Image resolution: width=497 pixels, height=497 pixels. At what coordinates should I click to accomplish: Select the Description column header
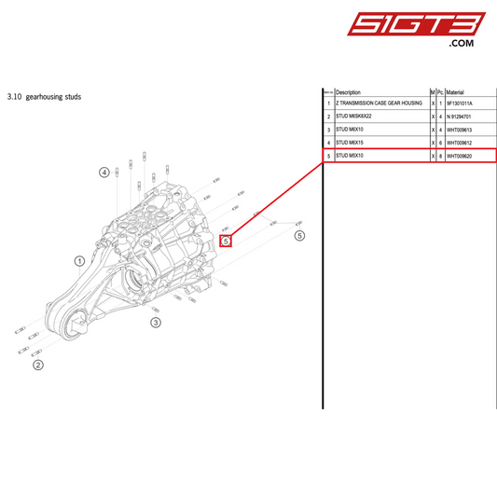[x=348, y=92]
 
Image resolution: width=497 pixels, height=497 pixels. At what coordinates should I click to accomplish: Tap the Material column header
[x=455, y=92]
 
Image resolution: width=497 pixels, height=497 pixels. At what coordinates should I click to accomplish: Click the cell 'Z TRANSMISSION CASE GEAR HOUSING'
[x=379, y=103]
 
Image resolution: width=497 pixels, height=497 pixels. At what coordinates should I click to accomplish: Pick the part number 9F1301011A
[x=460, y=103]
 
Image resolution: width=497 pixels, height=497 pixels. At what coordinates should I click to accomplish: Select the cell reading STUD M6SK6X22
[x=354, y=116]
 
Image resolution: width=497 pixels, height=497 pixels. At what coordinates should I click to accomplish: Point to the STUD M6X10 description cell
[x=351, y=130]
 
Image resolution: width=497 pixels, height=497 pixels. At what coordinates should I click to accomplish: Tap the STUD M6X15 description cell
[x=351, y=143]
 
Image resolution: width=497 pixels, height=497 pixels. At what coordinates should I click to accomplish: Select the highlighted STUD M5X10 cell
[x=351, y=156]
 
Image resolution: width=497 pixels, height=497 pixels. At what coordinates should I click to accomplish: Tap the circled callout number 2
[x=38, y=365]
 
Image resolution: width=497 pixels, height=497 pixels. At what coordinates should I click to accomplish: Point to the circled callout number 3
[x=156, y=323]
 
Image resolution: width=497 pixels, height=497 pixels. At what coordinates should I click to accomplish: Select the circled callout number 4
[x=104, y=173]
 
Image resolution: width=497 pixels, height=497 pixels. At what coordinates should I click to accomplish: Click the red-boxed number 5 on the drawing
[x=225, y=241]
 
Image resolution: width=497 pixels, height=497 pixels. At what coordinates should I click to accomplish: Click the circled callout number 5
[x=299, y=236]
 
